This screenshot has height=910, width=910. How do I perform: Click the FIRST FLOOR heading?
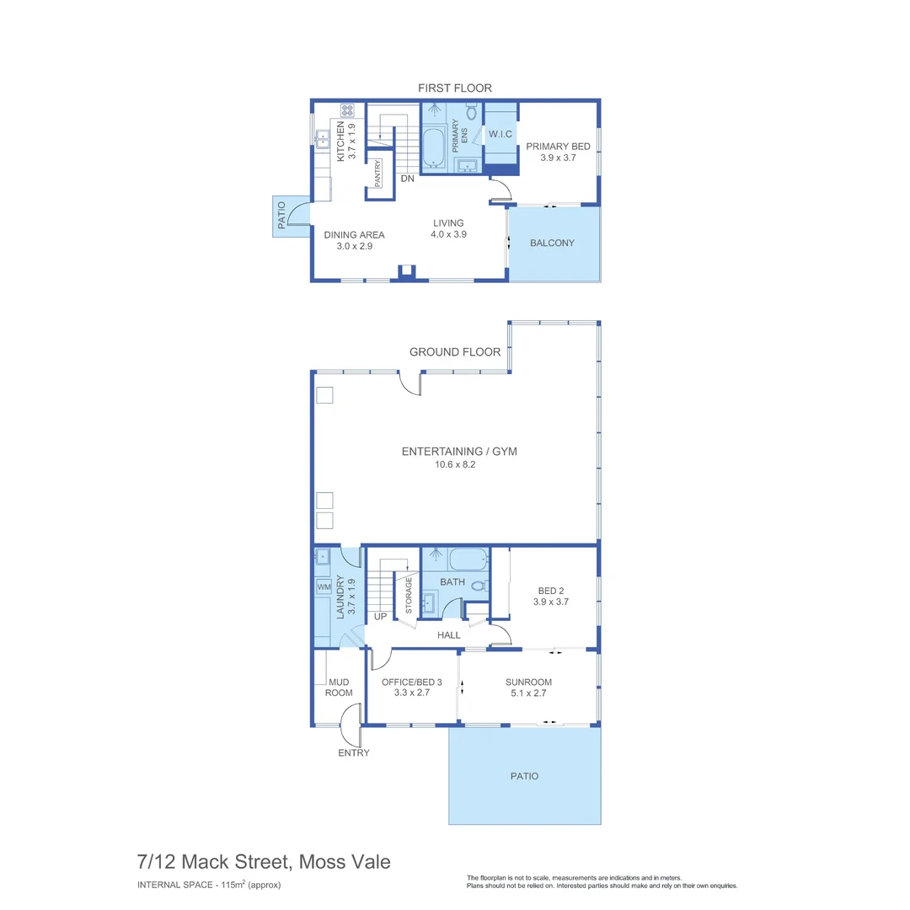[x=454, y=88]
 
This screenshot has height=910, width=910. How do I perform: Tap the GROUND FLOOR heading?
[x=454, y=352]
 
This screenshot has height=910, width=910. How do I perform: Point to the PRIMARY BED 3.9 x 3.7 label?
[x=558, y=152]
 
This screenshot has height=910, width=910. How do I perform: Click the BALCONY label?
[x=552, y=243]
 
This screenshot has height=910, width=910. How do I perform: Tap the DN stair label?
[x=407, y=179]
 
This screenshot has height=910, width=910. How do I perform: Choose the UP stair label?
[x=380, y=616]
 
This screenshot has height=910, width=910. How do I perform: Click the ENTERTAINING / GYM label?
[x=458, y=457]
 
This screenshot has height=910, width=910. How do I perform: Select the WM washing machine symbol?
[x=324, y=586]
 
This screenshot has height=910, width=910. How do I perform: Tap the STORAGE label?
[x=409, y=596]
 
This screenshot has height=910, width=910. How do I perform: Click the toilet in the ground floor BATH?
[x=478, y=585]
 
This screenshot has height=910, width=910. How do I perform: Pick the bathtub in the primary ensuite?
[x=433, y=148]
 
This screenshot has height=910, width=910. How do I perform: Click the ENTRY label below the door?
[x=353, y=752]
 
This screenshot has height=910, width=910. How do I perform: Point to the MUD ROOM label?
[x=339, y=687]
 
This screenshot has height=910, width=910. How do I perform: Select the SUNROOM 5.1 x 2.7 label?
[x=528, y=688]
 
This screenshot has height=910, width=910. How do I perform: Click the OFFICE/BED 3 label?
[x=411, y=688]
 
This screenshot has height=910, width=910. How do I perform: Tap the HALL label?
[x=448, y=634]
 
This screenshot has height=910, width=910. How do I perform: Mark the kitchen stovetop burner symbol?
[x=346, y=110]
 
